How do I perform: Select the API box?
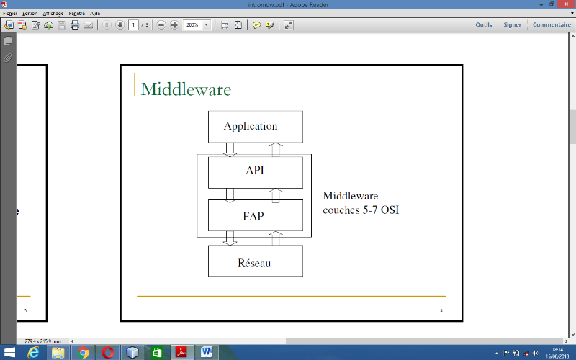pyautogui.click(x=255, y=171)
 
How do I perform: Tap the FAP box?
pyautogui.click(x=255, y=215)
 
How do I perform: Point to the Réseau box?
pyautogui.click(x=255, y=263)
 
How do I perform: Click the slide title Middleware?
pyautogui.click(x=186, y=89)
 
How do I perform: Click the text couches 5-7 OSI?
pyautogui.click(x=361, y=210)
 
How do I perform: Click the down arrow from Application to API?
pyautogui.click(x=230, y=149)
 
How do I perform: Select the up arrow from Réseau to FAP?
pyautogui.click(x=276, y=238)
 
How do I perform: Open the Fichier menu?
pyautogui.click(x=10, y=13)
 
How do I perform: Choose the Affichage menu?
pyautogui.click(x=53, y=13)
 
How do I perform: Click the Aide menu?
pyautogui.click(x=95, y=13)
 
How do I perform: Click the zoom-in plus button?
pyautogui.click(x=174, y=25)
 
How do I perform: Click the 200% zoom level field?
pyautogui.click(x=192, y=25)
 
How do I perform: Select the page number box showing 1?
pyautogui.click(x=133, y=25)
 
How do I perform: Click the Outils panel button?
pyautogui.click(x=484, y=25)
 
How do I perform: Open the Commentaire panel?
pyautogui.click(x=552, y=25)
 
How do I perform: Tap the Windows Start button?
pyautogui.click(x=9, y=352)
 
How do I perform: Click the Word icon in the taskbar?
pyautogui.click(x=206, y=352)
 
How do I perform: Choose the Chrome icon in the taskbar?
pyautogui.click(x=84, y=352)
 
